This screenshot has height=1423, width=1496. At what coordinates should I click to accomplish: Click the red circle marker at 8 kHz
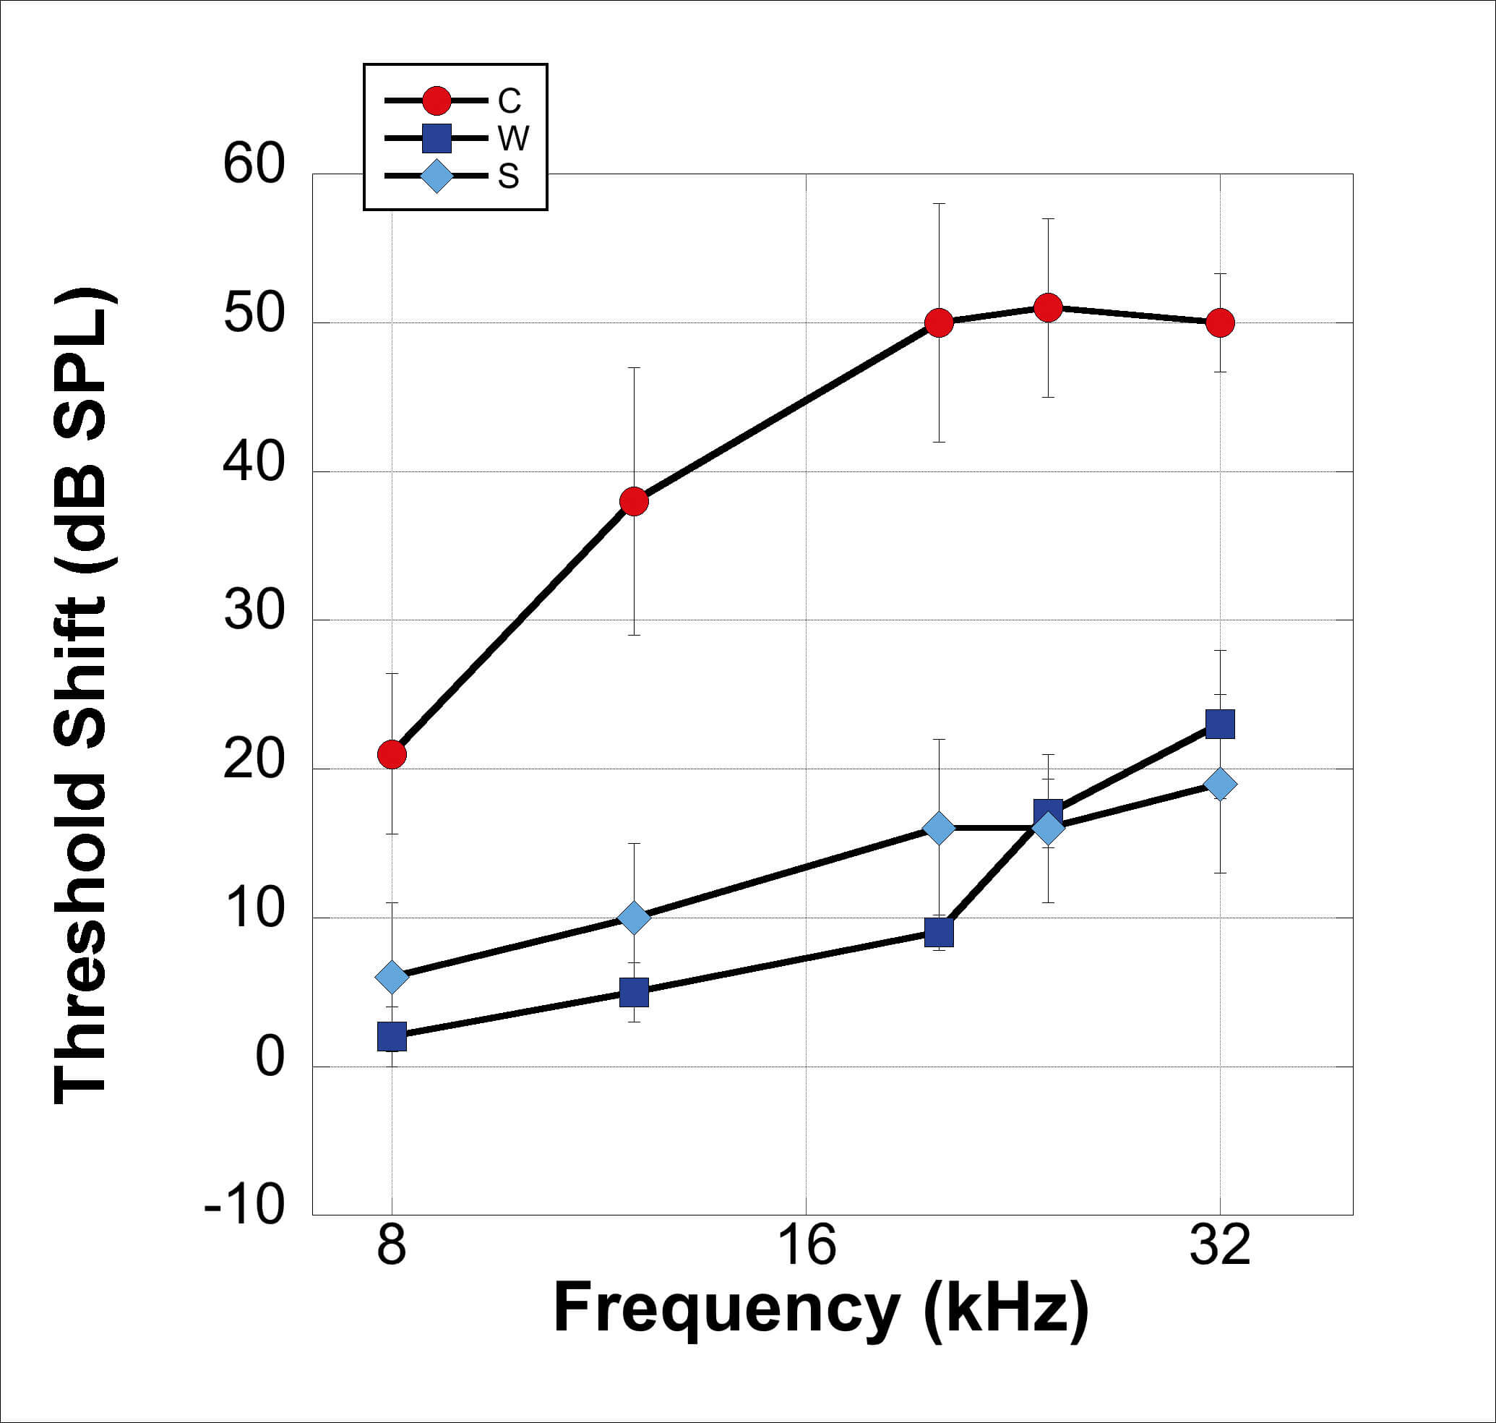pyautogui.click(x=391, y=755)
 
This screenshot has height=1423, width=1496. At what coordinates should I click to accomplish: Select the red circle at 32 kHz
pyautogui.click(x=1220, y=323)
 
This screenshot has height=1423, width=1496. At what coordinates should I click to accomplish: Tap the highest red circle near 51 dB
pyautogui.click(x=1048, y=308)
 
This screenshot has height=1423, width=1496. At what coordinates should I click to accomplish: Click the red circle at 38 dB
pyautogui.click(x=634, y=501)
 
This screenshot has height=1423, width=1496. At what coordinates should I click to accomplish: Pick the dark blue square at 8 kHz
pyautogui.click(x=391, y=1036)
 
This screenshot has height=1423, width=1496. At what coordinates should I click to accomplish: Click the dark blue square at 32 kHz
pyautogui.click(x=1220, y=725)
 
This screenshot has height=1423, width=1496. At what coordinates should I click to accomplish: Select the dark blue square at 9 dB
pyautogui.click(x=939, y=932)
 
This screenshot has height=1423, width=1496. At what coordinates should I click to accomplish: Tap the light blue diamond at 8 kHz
pyautogui.click(x=391, y=977)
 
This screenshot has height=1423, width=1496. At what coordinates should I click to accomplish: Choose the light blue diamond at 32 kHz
pyautogui.click(x=1220, y=784)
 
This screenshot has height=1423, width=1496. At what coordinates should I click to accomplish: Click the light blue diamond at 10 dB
pyautogui.click(x=634, y=918)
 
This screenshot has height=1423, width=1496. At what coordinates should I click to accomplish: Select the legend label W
pyautogui.click(x=513, y=138)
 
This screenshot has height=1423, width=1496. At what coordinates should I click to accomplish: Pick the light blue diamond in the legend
pyautogui.click(x=437, y=176)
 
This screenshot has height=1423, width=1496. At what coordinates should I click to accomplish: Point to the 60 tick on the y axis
pyautogui.click(x=254, y=164)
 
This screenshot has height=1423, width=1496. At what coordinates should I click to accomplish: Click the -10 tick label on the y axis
pyautogui.click(x=244, y=1205)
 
